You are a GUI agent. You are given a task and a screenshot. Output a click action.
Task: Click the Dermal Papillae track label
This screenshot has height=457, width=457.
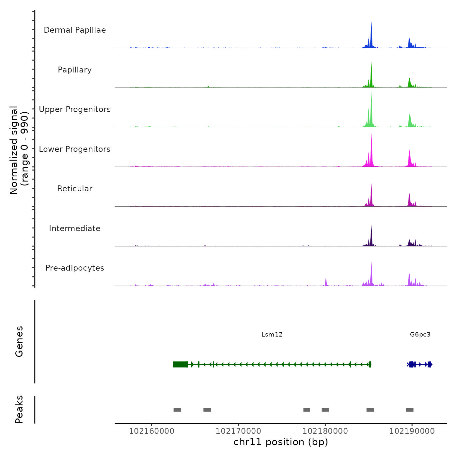point(75,30)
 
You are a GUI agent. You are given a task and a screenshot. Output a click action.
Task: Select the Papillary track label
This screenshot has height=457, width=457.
point(75,70)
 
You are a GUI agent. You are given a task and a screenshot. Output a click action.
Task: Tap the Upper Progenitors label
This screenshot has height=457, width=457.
point(75,109)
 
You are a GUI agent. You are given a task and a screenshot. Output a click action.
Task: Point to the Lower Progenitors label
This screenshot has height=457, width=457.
point(75,149)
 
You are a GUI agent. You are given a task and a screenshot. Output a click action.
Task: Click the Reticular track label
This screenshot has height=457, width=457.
point(75,189)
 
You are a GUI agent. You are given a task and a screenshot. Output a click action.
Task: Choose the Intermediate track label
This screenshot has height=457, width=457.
point(75,228)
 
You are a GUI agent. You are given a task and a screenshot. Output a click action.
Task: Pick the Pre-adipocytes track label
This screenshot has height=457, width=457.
point(75,268)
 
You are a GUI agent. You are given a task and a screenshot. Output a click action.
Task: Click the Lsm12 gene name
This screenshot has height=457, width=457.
point(272,335)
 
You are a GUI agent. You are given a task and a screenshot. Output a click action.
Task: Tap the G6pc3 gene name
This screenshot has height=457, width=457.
point(420,335)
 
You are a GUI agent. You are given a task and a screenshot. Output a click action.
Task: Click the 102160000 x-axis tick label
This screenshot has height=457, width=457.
point(151,431)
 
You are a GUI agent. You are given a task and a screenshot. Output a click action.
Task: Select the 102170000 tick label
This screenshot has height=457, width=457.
point(238,431)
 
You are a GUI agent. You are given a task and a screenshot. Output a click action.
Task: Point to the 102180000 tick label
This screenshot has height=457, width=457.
point(325,431)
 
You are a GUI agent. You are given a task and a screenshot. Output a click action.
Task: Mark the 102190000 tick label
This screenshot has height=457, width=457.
point(412,431)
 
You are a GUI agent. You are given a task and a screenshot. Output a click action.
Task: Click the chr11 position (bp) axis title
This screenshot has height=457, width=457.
point(281,442)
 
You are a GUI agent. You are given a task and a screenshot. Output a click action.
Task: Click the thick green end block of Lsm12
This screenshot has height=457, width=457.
point(181,364)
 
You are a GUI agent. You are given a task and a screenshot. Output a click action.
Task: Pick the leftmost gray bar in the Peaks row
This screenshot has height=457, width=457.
point(177,410)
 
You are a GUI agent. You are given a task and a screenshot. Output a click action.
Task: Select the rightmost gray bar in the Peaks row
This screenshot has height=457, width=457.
point(410,410)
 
